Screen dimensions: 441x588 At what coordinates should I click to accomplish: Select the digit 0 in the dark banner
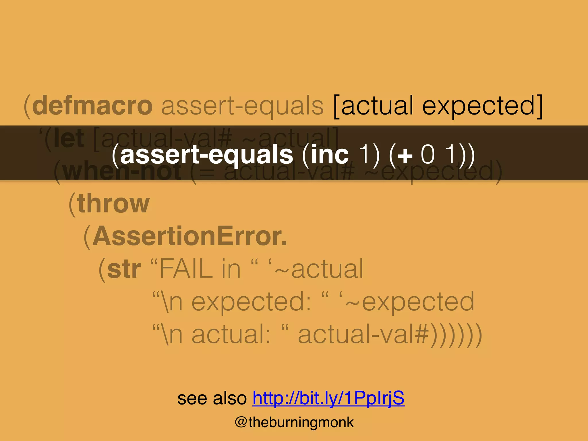point(428,155)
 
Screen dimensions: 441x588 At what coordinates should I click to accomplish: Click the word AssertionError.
point(189,236)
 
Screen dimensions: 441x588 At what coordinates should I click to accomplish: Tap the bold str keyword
point(124,269)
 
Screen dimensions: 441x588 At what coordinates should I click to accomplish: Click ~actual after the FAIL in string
point(319,269)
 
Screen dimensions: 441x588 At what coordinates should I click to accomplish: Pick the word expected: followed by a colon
point(251,301)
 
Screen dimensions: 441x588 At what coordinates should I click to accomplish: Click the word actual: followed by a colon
point(231,334)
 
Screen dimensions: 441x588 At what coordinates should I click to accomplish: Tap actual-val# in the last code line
point(363,334)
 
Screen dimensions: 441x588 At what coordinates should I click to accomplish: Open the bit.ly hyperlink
point(328,398)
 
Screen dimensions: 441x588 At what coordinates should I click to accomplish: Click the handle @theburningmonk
point(294,422)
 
